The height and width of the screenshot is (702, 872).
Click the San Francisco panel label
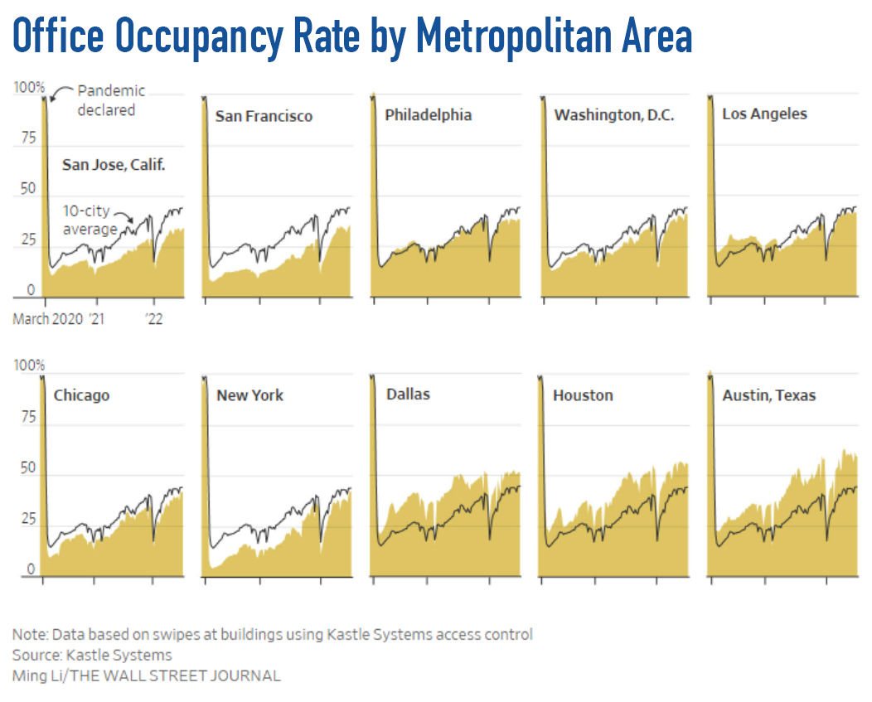click(x=264, y=116)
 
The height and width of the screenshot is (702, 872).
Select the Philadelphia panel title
click(x=428, y=114)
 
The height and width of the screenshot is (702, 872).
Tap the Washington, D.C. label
click(x=613, y=115)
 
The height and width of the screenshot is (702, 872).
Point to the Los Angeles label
click(x=764, y=114)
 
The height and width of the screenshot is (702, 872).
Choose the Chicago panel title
click(x=81, y=395)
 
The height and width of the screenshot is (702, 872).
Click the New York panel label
click(x=249, y=395)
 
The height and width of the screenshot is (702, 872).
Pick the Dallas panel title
click(x=408, y=394)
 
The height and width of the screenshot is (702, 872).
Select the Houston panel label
click(x=583, y=395)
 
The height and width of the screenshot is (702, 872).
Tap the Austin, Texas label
click(x=768, y=395)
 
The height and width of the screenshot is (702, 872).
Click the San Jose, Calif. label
click(x=114, y=165)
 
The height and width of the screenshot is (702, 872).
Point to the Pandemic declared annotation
click(x=111, y=99)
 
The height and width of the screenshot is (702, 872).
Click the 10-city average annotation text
click(x=90, y=220)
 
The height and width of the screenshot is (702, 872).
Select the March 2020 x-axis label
click(x=47, y=319)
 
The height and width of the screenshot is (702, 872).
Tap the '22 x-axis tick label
click(x=153, y=319)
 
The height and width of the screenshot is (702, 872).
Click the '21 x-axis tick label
click(x=98, y=319)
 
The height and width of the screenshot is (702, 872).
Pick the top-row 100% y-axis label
click(x=29, y=87)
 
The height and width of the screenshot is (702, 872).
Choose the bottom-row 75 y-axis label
click(x=28, y=417)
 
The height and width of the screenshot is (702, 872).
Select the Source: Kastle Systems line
click(x=92, y=656)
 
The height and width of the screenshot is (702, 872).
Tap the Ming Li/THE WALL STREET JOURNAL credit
click(x=146, y=675)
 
